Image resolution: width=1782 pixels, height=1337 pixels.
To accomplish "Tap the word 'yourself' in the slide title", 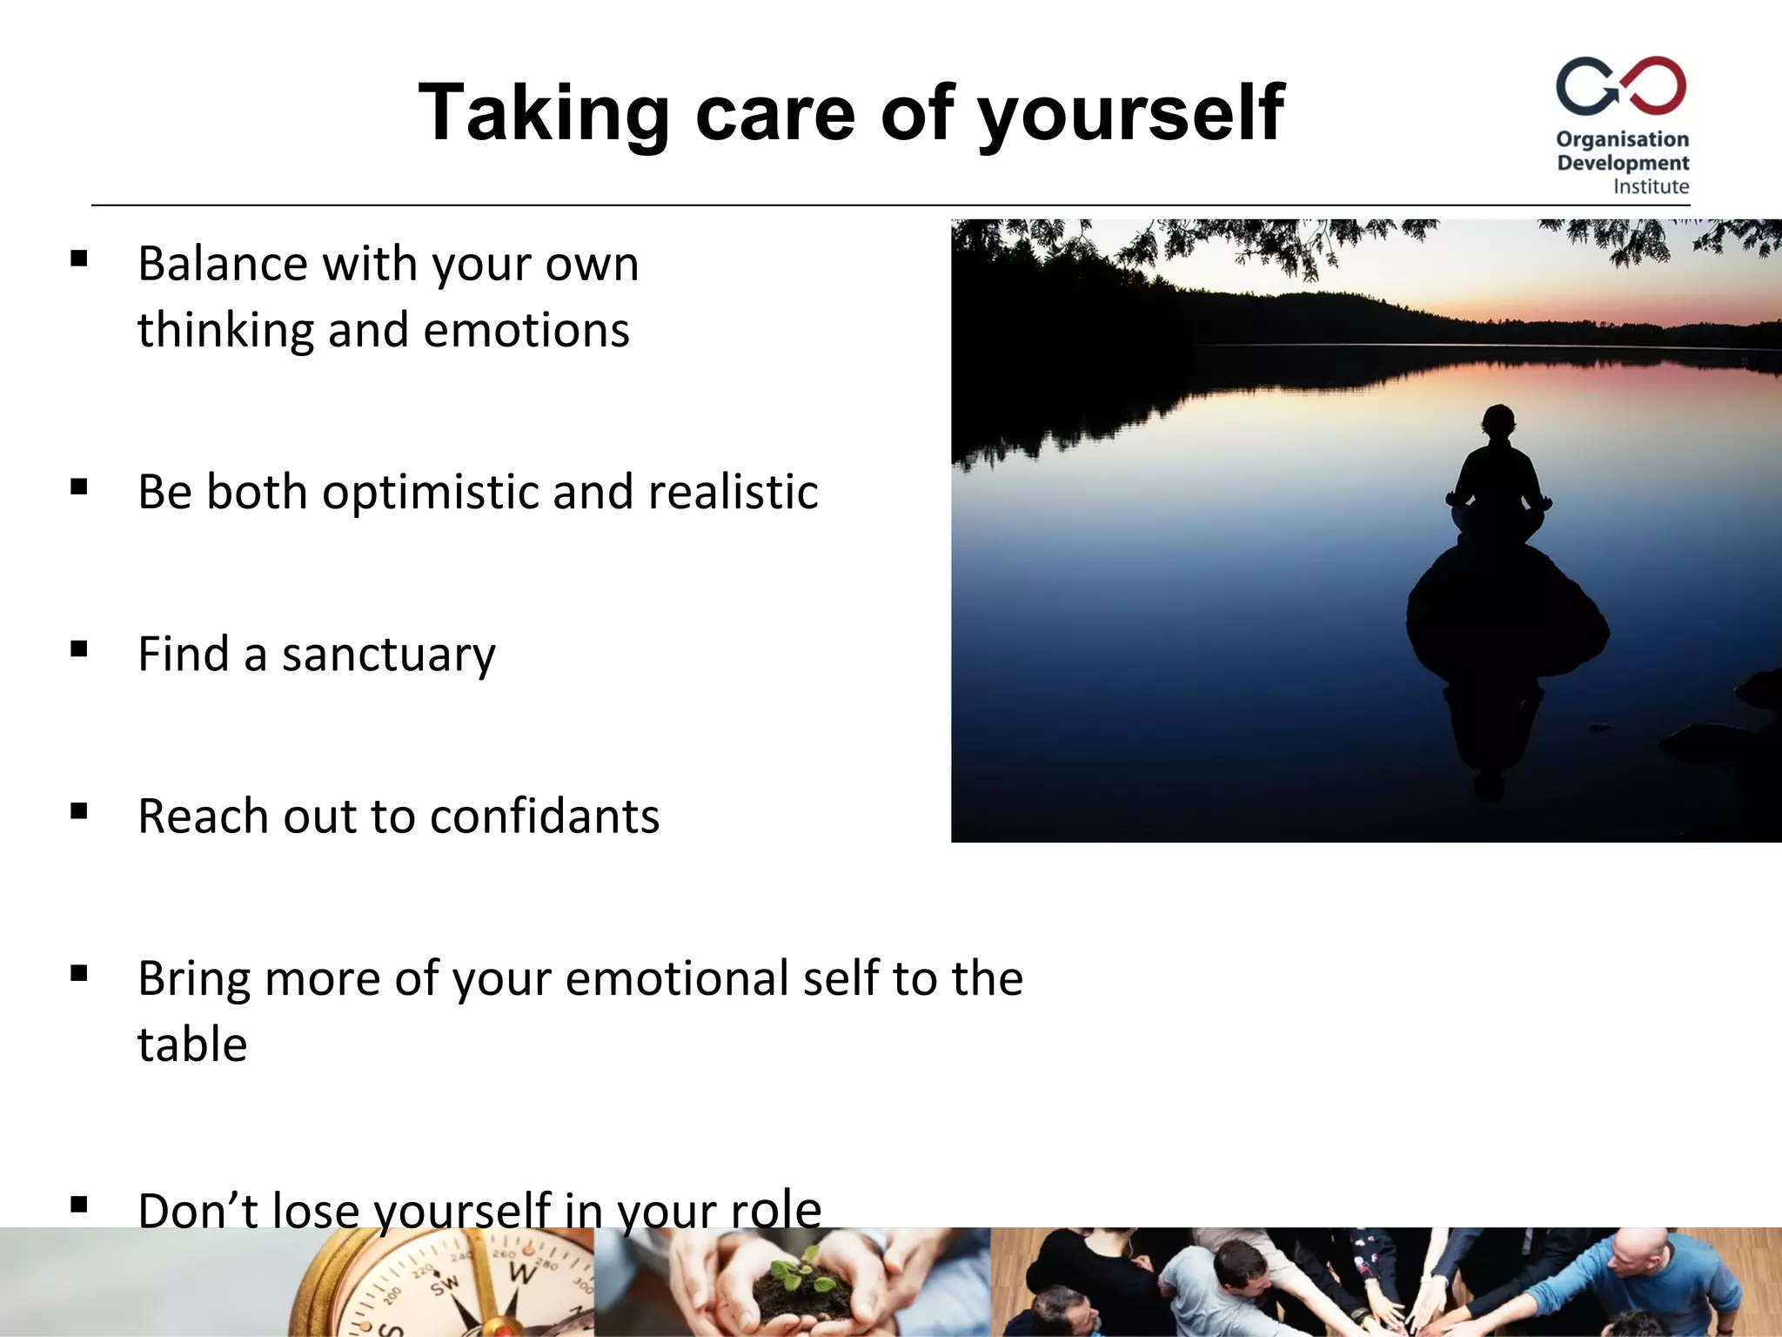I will tap(1131, 113).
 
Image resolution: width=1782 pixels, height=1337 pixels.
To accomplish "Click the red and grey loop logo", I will tap(1621, 86).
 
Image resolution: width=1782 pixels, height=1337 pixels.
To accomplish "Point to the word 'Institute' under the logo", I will tap(1651, 186).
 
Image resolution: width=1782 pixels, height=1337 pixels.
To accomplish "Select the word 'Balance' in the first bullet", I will tap(223, 264).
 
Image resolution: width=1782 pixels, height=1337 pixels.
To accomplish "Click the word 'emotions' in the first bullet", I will tap(526, 331).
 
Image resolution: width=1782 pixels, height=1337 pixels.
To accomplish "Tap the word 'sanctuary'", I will tap(388, 655).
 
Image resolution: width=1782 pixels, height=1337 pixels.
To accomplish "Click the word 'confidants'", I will tap(544, 816).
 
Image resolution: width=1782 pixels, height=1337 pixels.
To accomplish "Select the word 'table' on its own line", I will tap(192, 1045).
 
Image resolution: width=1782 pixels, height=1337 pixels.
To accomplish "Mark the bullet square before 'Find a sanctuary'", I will tap(79, 649).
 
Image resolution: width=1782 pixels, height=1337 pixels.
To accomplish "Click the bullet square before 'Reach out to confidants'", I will tap(79, 811).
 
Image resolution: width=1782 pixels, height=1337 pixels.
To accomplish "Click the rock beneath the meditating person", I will tap(1507, 609).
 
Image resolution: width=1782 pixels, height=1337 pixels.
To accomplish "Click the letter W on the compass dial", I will tap(521, 1273).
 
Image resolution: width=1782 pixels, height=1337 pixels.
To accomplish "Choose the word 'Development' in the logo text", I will tap(1623, 163).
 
